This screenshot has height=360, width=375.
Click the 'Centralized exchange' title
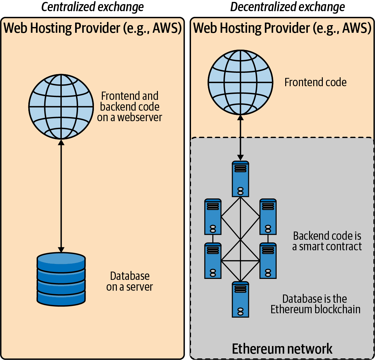click(92, 7)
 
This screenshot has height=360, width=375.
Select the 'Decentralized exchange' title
click(287, 7)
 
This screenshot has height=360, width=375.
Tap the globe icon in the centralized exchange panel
click(61, 107)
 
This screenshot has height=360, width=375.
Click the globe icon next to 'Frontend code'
click(240, 82)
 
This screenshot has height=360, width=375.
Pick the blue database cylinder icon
click(61, 279)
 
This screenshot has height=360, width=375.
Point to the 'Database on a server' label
click(130, 281)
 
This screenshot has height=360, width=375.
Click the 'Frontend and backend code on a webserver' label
click(130, 107)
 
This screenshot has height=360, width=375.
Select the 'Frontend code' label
click(315, 82)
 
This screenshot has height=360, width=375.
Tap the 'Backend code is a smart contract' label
click(327, 241)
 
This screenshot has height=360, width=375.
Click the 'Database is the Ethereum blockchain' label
click(315, 304)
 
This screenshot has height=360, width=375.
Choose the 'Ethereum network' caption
click(282, 349)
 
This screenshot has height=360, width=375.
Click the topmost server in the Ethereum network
click(240, 179)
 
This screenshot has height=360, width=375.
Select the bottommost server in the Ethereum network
click(240, 299)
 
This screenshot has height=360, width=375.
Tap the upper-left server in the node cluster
click(213, 217)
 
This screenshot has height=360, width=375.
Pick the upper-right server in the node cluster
click(268, 217)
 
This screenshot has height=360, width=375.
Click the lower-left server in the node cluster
click(213, 260)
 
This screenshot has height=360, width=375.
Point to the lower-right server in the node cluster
click(268, 260)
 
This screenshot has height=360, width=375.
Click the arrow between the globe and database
click(61, 196)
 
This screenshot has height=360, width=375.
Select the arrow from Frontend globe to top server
click(240, 137)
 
